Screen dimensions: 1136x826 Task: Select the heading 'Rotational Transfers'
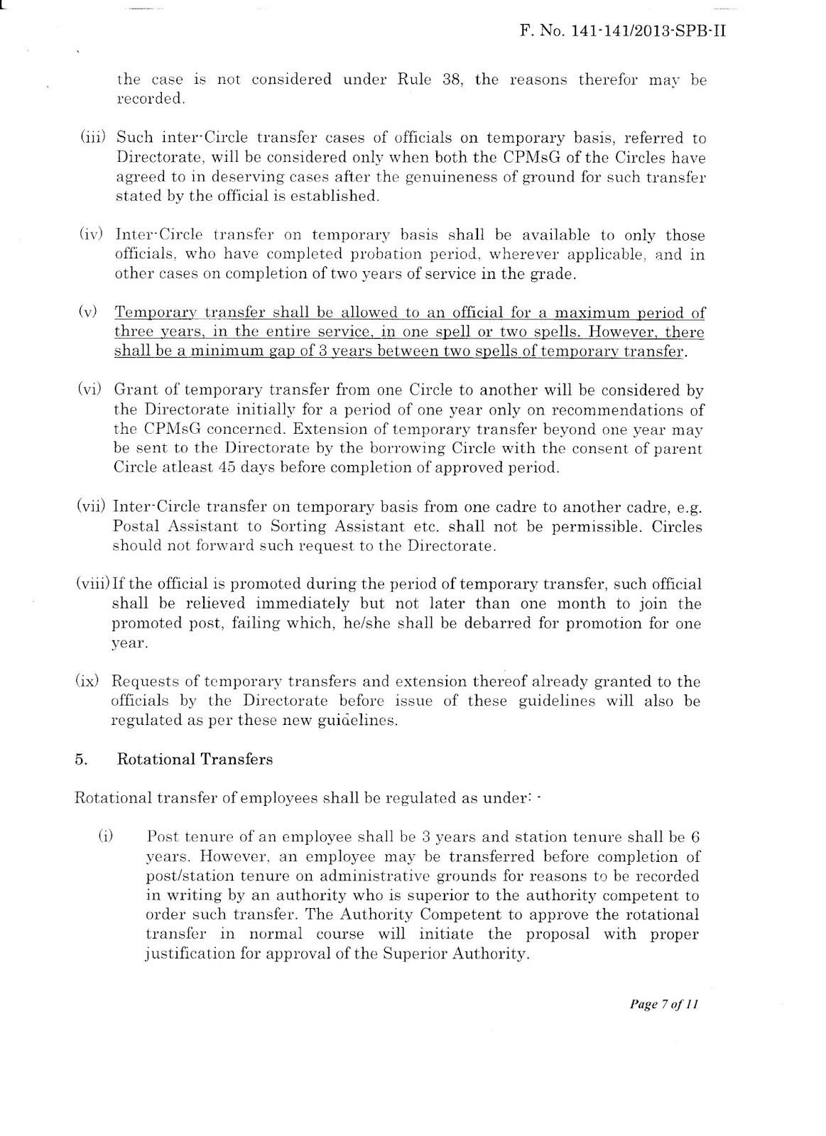point(195,759)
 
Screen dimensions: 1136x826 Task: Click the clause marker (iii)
point(92,138)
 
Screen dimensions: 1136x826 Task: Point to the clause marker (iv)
point(92,235)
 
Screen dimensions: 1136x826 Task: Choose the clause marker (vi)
point(92,390)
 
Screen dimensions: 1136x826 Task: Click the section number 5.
point(79,759)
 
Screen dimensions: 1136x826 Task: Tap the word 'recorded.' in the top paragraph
point(150,99)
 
